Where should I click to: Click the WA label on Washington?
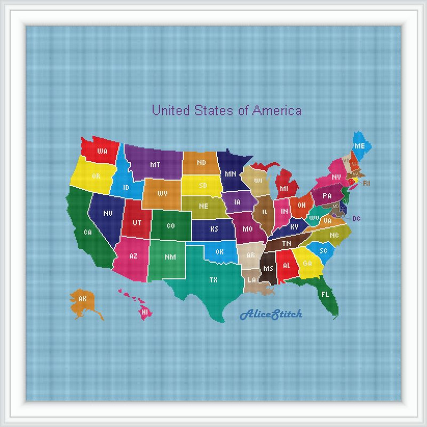pos(102,151)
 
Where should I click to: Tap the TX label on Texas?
pos(213,279)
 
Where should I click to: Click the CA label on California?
pos(88,232)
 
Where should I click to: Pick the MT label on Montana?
pos(155,164)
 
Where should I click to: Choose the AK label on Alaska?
pos(82,299)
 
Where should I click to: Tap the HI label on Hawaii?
pos(144,311)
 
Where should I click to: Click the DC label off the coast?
pos(357,218)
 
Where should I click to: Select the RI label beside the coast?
pos(366,183)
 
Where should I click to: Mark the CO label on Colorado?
pos(171,226)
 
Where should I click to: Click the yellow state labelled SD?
pos(203,186)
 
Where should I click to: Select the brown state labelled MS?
pos(268,267)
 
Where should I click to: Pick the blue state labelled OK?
pos(220,252)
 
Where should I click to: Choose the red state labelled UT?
pos(137,222)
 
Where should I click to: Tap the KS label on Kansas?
pos(214,229)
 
